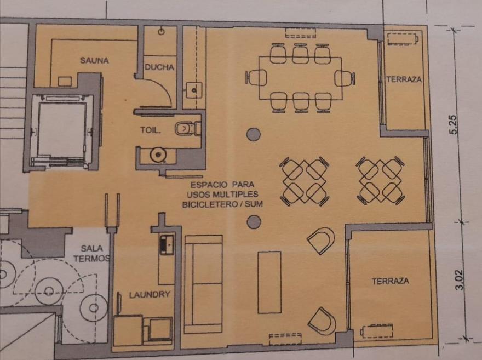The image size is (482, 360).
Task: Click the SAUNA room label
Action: pyautogui.click(x=94, y=60)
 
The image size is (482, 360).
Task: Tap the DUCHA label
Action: pyautogui.click(x=159, y=67)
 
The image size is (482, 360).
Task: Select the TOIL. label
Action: pyautogui.click(x=151, y=130)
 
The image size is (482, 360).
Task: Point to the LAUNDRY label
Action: pyautogui.click(x=150, y=295)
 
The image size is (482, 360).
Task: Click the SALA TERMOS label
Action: pyautogui.click(x=92, y=253)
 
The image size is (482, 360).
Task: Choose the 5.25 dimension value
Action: pyautogui.click(x=454, y=124)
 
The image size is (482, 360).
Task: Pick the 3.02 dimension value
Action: pyautogui.click(x=458, y=280)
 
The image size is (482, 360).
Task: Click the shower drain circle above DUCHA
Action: pyautogui.click(x=162, y=31)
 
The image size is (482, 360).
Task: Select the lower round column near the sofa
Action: pyautogui.click(x=254, y=222)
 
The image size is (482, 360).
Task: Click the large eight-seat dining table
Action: pyautogui.click(x=300, y=78)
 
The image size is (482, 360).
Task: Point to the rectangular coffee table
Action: pyautogui.click(x=269, y=282)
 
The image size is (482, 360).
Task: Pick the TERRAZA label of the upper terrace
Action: pyautogui.click(x=404, y=79)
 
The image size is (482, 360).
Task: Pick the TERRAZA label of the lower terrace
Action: pyautogui.click(x=391, y=281)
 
